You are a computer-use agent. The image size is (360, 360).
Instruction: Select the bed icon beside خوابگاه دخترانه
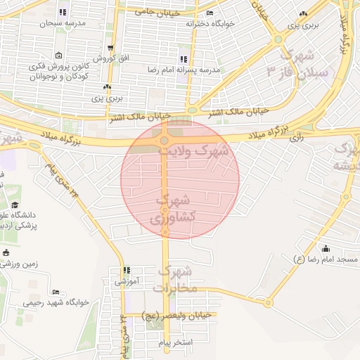click(210, 13)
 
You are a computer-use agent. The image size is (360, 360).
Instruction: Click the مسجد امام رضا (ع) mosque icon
click(326, 248)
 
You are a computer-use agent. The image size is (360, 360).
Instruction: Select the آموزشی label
click(127, 281)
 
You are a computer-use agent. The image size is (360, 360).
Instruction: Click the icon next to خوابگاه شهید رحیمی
click(56, 292)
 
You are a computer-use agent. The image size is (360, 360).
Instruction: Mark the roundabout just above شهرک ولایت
click(164, 141)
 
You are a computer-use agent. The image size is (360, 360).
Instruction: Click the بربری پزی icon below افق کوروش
click(107, 87)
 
